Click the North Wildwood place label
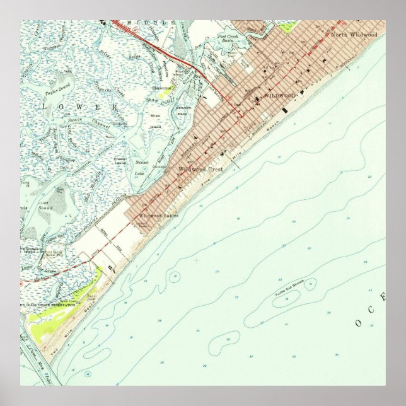pyautogui.click(x=354, y=35)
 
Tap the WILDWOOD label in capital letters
pyautogui.click(x=279, y=95)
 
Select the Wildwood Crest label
pyautogui.click(x=200, y=170)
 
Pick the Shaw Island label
pyautogui.click(x=155, y=120)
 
